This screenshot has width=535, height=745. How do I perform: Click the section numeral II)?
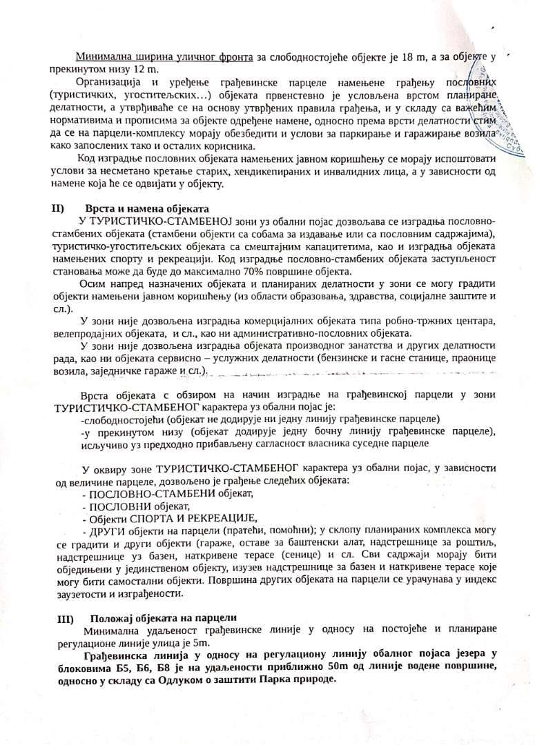coord(58,208)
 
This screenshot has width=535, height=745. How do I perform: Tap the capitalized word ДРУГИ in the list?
coord(107,531)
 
